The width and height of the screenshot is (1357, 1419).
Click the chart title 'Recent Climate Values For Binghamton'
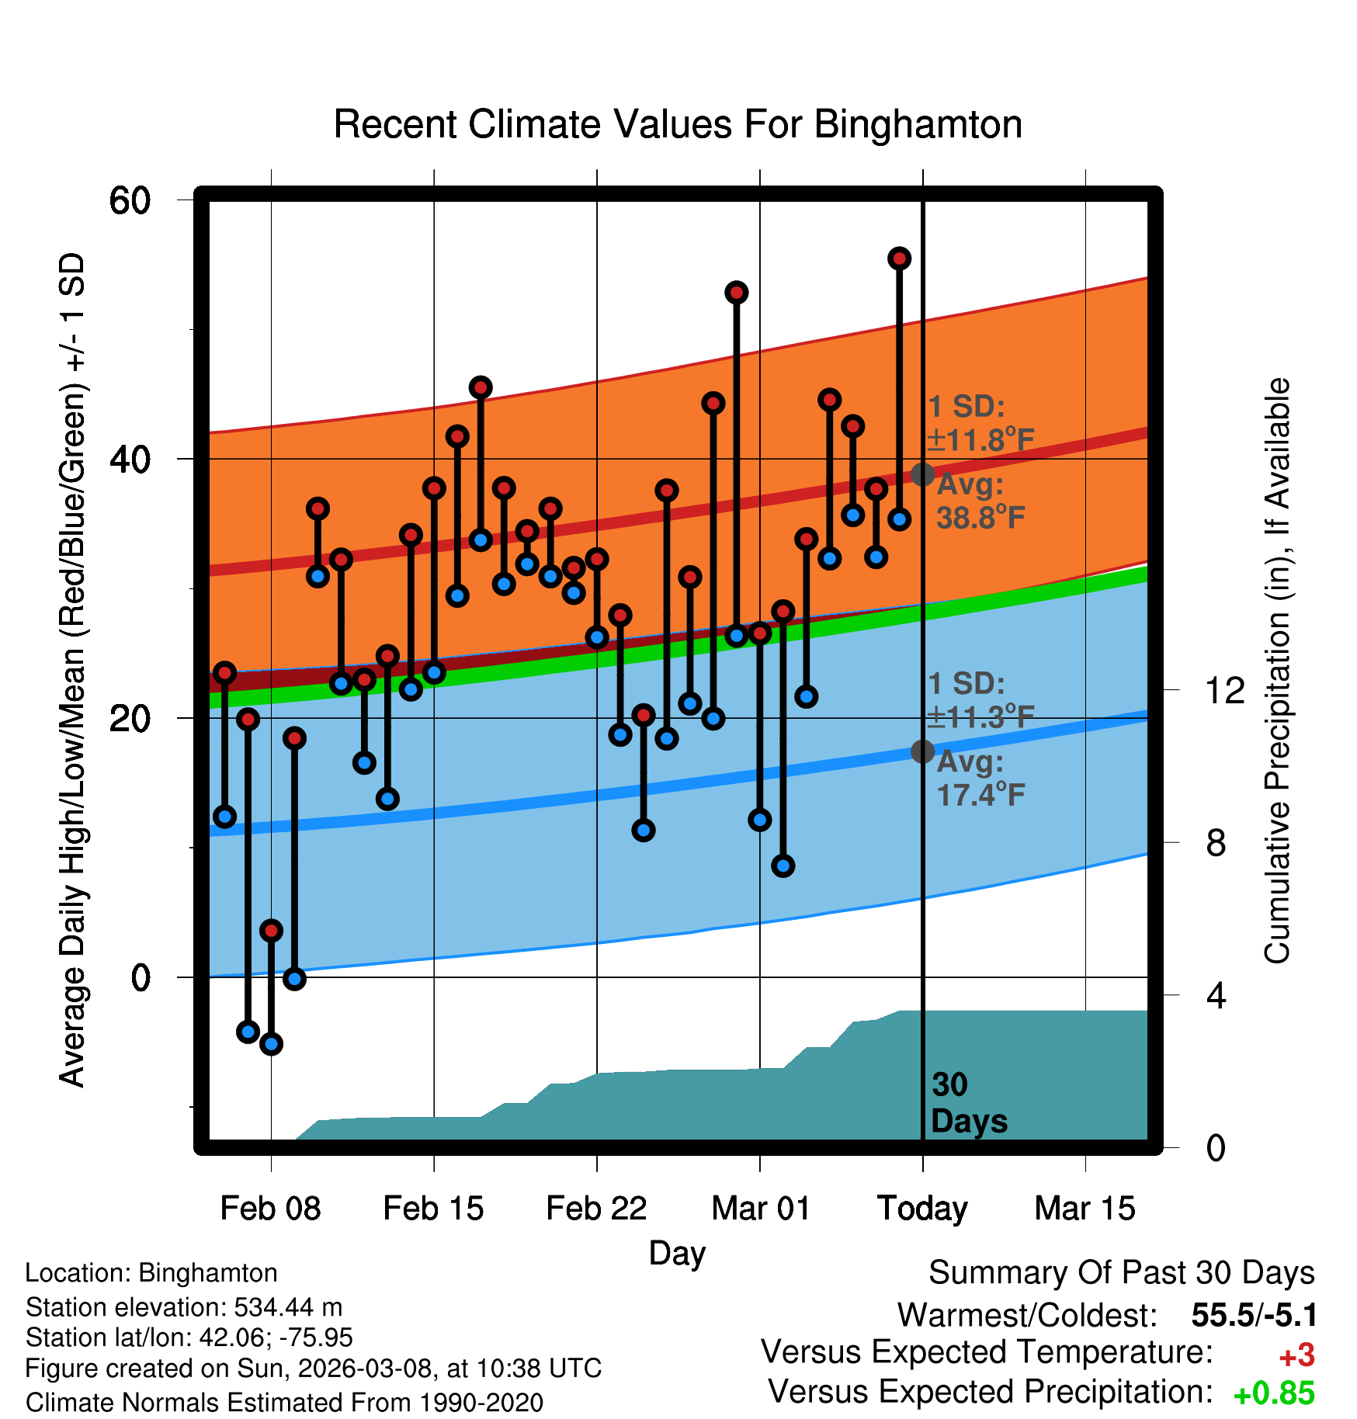click(x=678, y=125)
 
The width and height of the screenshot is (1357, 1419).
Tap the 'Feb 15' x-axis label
click(x=433, y=1209)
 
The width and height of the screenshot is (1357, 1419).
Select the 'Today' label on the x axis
click(x=922, y=1209)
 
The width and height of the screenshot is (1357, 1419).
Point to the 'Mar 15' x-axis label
click(x=1085, y=1209)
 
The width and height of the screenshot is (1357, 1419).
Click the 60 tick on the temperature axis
click(x=130, y=200)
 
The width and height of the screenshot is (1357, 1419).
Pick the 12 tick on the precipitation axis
click(x=1224, y=690)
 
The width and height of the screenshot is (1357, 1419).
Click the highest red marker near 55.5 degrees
click(x=899, y=258)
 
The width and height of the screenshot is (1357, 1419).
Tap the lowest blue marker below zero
click(x=271, y=1043)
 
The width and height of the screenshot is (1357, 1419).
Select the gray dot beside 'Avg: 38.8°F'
click(x=922, y=474)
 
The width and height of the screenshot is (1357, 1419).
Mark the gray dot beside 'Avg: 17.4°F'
click(x=922, y=751)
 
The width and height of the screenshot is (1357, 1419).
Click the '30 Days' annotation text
click(x=968, y=1103)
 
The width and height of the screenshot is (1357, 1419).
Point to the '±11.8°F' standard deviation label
click(x=980, y=440)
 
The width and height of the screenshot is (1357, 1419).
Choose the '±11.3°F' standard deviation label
click(x=980, y=717)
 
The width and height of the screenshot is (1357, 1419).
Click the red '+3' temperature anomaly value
click(x=1296, y=1355)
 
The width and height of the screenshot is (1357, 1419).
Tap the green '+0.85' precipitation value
click(x=1274, y=1393)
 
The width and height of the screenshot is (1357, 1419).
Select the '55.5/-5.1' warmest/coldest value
click(x=1254, y=1315)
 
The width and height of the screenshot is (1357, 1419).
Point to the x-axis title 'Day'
click(x=677, y=1253)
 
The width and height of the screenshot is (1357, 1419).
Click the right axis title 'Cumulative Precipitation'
click(x=1277, y=671)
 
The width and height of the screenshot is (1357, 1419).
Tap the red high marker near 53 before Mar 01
click(x=736, y=293)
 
